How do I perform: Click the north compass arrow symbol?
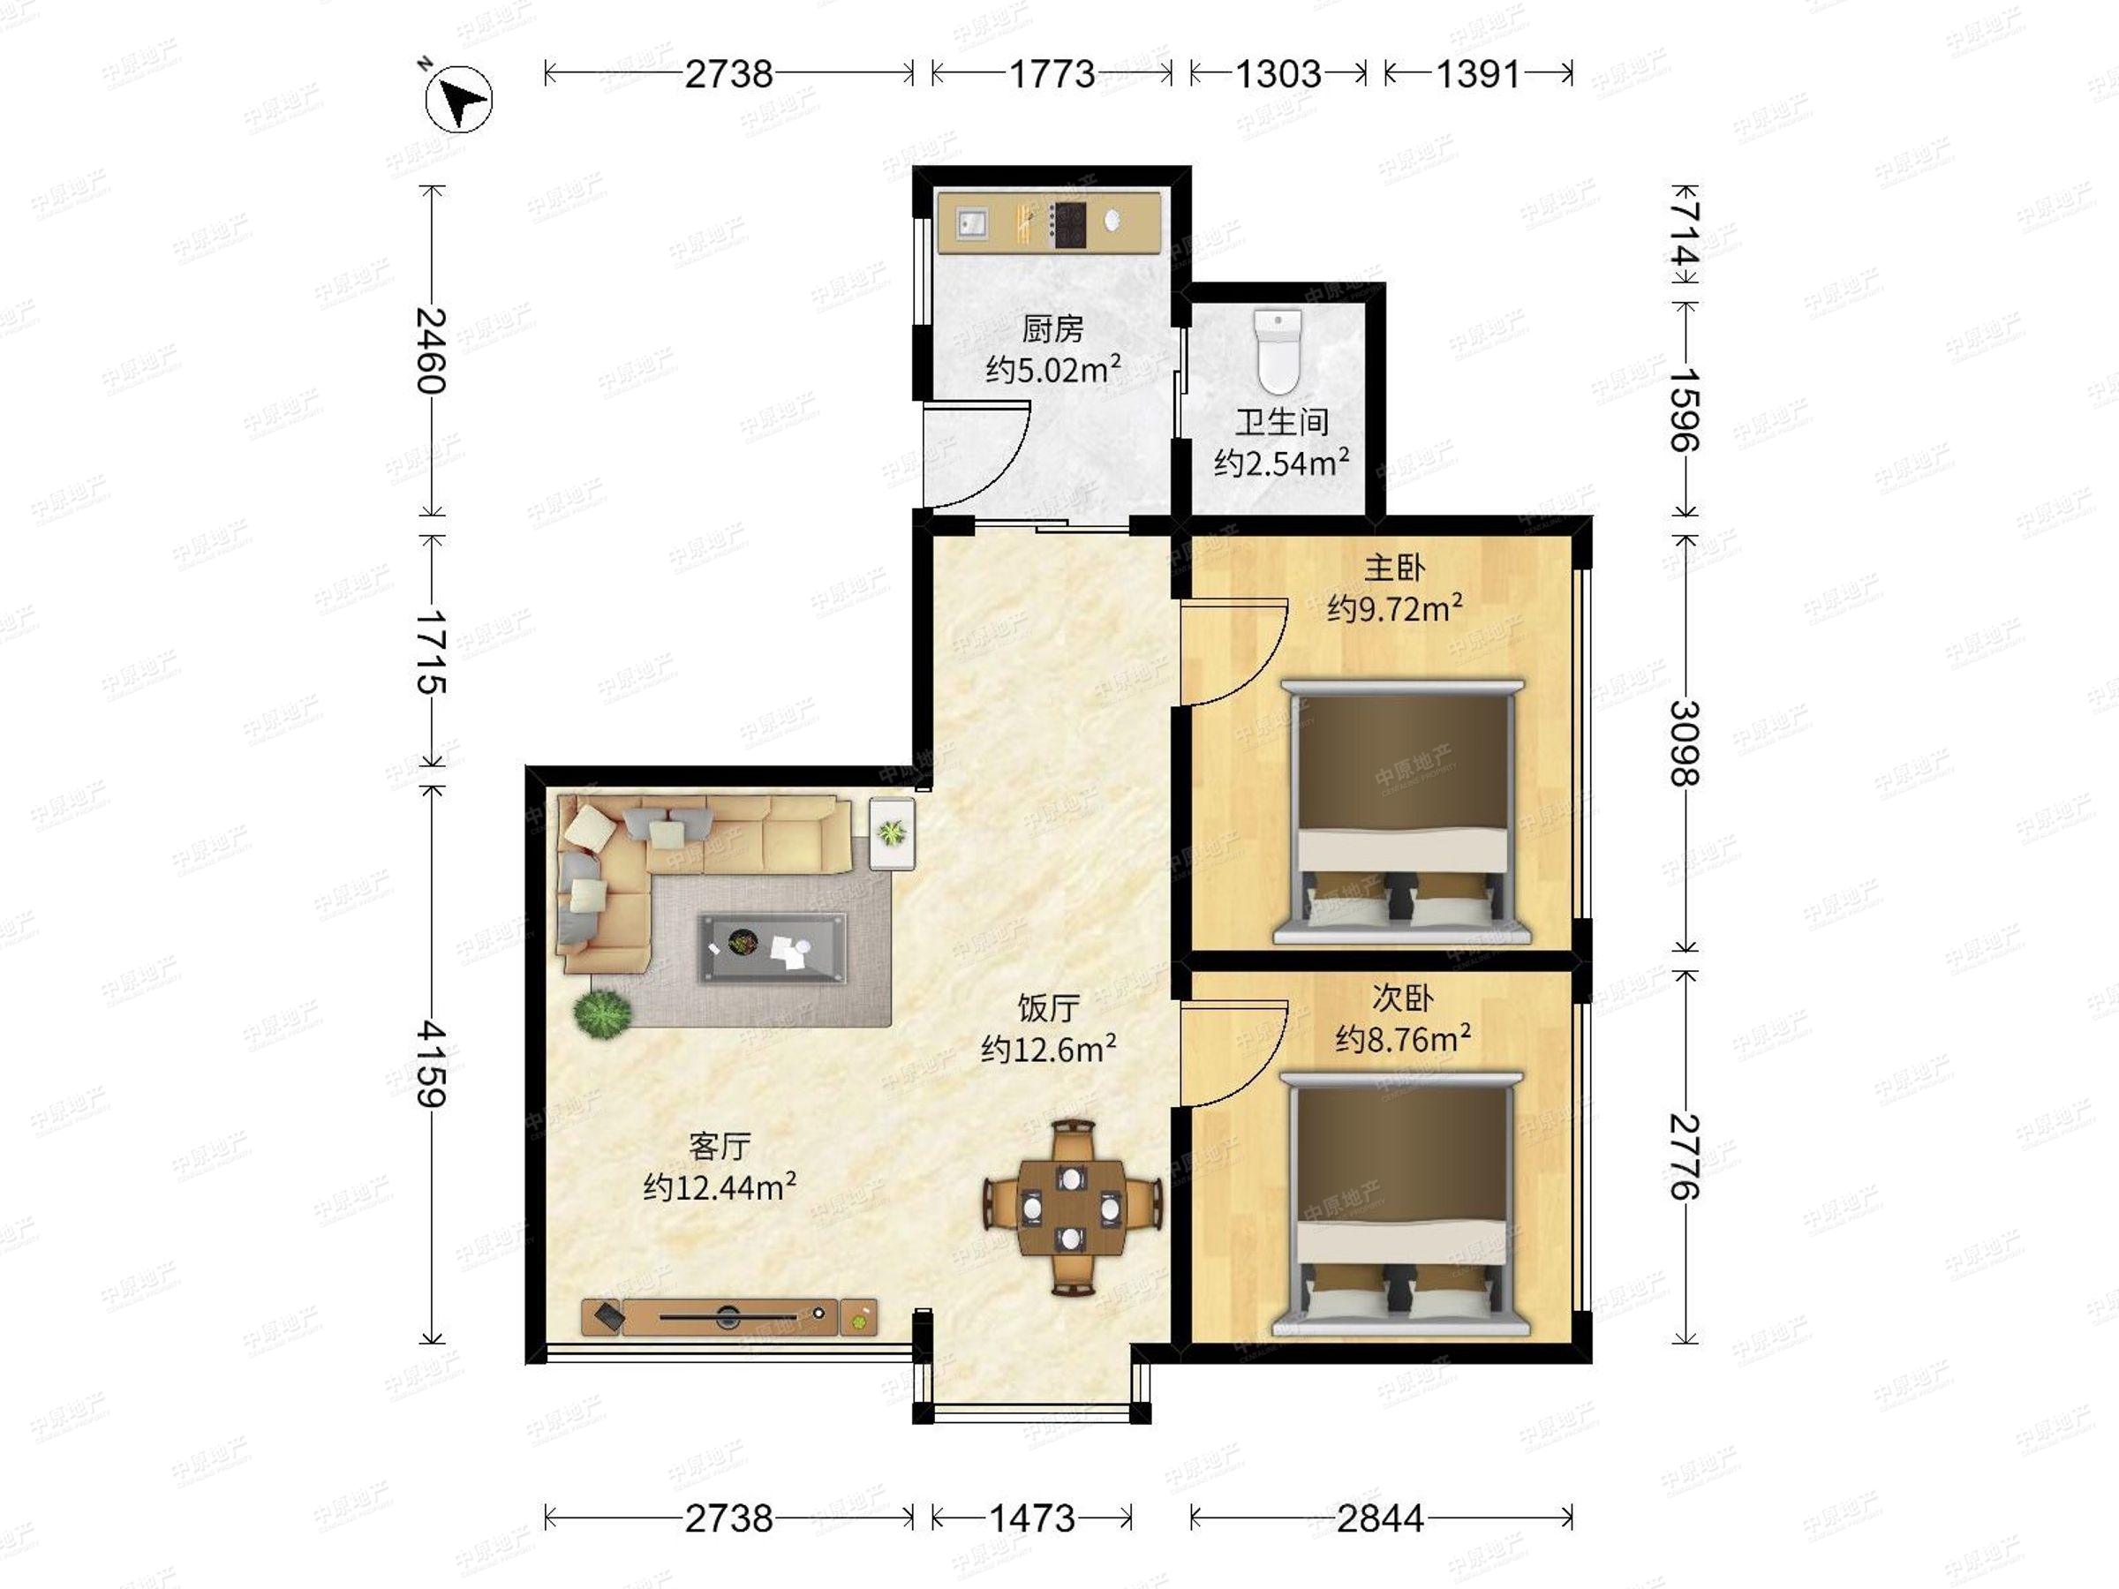[x=459, y=99]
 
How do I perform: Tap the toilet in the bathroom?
[x=1278, y=350]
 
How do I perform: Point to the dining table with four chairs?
[x=1071, y=1207]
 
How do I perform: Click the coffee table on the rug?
[x=773, y=947]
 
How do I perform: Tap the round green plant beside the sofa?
[x=602, y=1012]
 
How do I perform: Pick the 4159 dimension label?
[x=432, y=1064]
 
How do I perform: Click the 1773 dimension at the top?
[x=1052, y=74]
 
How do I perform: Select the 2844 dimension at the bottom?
[x=1380, y=1518]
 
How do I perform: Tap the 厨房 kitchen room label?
[x=1052, y=328]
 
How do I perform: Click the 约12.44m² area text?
[x=720, y=1187]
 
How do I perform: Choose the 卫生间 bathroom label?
[x=1282, y=421]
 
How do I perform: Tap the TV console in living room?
[x=729, y=1317]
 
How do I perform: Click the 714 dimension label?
[x=1685, y=233]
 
